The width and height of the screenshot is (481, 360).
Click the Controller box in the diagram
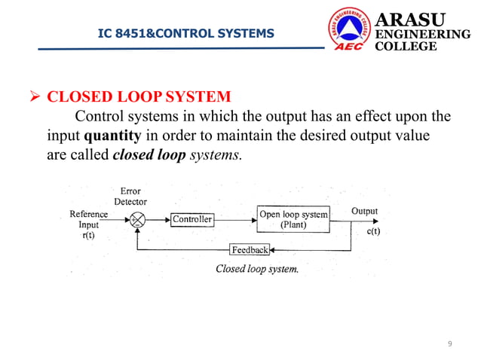pyautogui.click(x=192, y=220)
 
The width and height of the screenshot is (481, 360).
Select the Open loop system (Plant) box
pyautogui.click(x=293, y=219)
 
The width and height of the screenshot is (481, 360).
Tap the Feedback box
pyautogui.click(x=250, y=249)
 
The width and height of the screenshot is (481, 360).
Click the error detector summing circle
pyautogui.click(x=137, y=220)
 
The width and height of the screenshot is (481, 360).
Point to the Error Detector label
pyautogui.click(x=130, y=197)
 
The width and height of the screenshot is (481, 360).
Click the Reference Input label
pyautogui.click(x=88, y=219)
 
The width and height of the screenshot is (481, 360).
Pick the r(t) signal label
pyautogui.click(x=88, y=235)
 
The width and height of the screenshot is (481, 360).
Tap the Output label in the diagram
pyautogui.click(x=365, y=212)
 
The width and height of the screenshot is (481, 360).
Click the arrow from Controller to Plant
pyautogui.click(x=234, y=220)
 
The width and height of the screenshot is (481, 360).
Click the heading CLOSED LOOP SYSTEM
pyautogui.click(x=139, y=97)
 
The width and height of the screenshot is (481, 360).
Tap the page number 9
pyautogui.click(x=450, y=344)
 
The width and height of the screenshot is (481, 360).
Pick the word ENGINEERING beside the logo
pyautogui.click(x=422, y=35)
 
